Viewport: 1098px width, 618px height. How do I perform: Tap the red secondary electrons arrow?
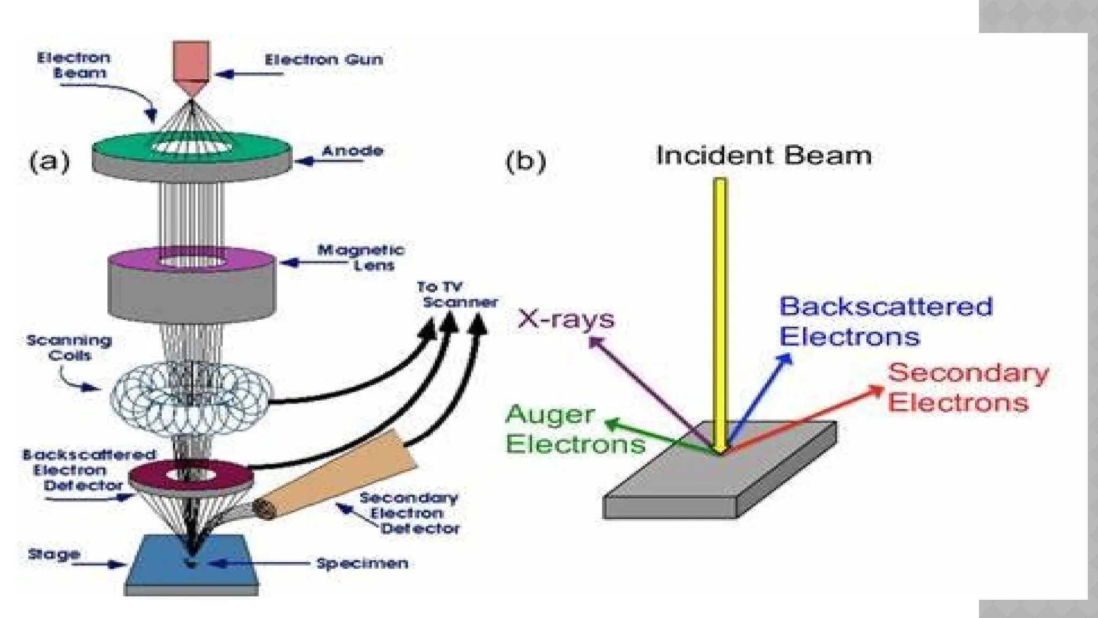click(804, 418)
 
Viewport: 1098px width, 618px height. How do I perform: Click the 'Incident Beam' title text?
click(763, 156)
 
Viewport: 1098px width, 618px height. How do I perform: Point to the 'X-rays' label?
click(566, 319)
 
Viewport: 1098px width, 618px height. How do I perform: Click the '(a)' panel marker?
click(49, 161)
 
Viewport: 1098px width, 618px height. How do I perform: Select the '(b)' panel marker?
click(525, 161)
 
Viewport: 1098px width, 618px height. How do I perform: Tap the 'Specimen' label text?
click(362, 563)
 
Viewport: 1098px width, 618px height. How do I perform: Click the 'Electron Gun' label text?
click(324, 59)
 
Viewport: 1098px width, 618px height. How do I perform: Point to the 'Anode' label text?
click(352, 151)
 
